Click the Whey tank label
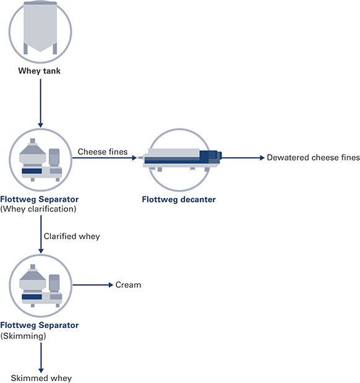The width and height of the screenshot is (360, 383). coord(40,71)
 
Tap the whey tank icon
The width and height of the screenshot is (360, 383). coord(40,32)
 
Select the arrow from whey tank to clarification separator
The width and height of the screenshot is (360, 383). coord(41,103)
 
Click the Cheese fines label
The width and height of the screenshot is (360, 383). coord(103,152)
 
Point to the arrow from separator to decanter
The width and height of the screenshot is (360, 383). coord(105,158)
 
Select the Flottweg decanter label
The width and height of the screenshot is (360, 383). coord(179,199)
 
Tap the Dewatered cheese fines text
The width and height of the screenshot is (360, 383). coord(313,157)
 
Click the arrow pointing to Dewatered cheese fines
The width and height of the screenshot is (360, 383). coord(243,158)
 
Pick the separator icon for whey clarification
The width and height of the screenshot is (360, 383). coord(41,160)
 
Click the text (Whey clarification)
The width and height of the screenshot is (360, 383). coord(38,209)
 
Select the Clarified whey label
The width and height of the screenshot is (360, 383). coord(72,236)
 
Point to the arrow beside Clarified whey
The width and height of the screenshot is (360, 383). coord(41,235)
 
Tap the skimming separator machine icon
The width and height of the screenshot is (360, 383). coord(41,286)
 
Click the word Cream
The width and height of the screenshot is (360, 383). coord(128,285)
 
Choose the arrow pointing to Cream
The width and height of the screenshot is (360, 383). coord(93,285)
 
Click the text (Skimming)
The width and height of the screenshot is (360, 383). coord(24,336)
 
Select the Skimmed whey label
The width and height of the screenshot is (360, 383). coord(41,378)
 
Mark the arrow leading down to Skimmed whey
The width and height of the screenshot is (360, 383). coord(41,358)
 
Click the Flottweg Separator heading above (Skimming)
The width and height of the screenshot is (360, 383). coord(40,325)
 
